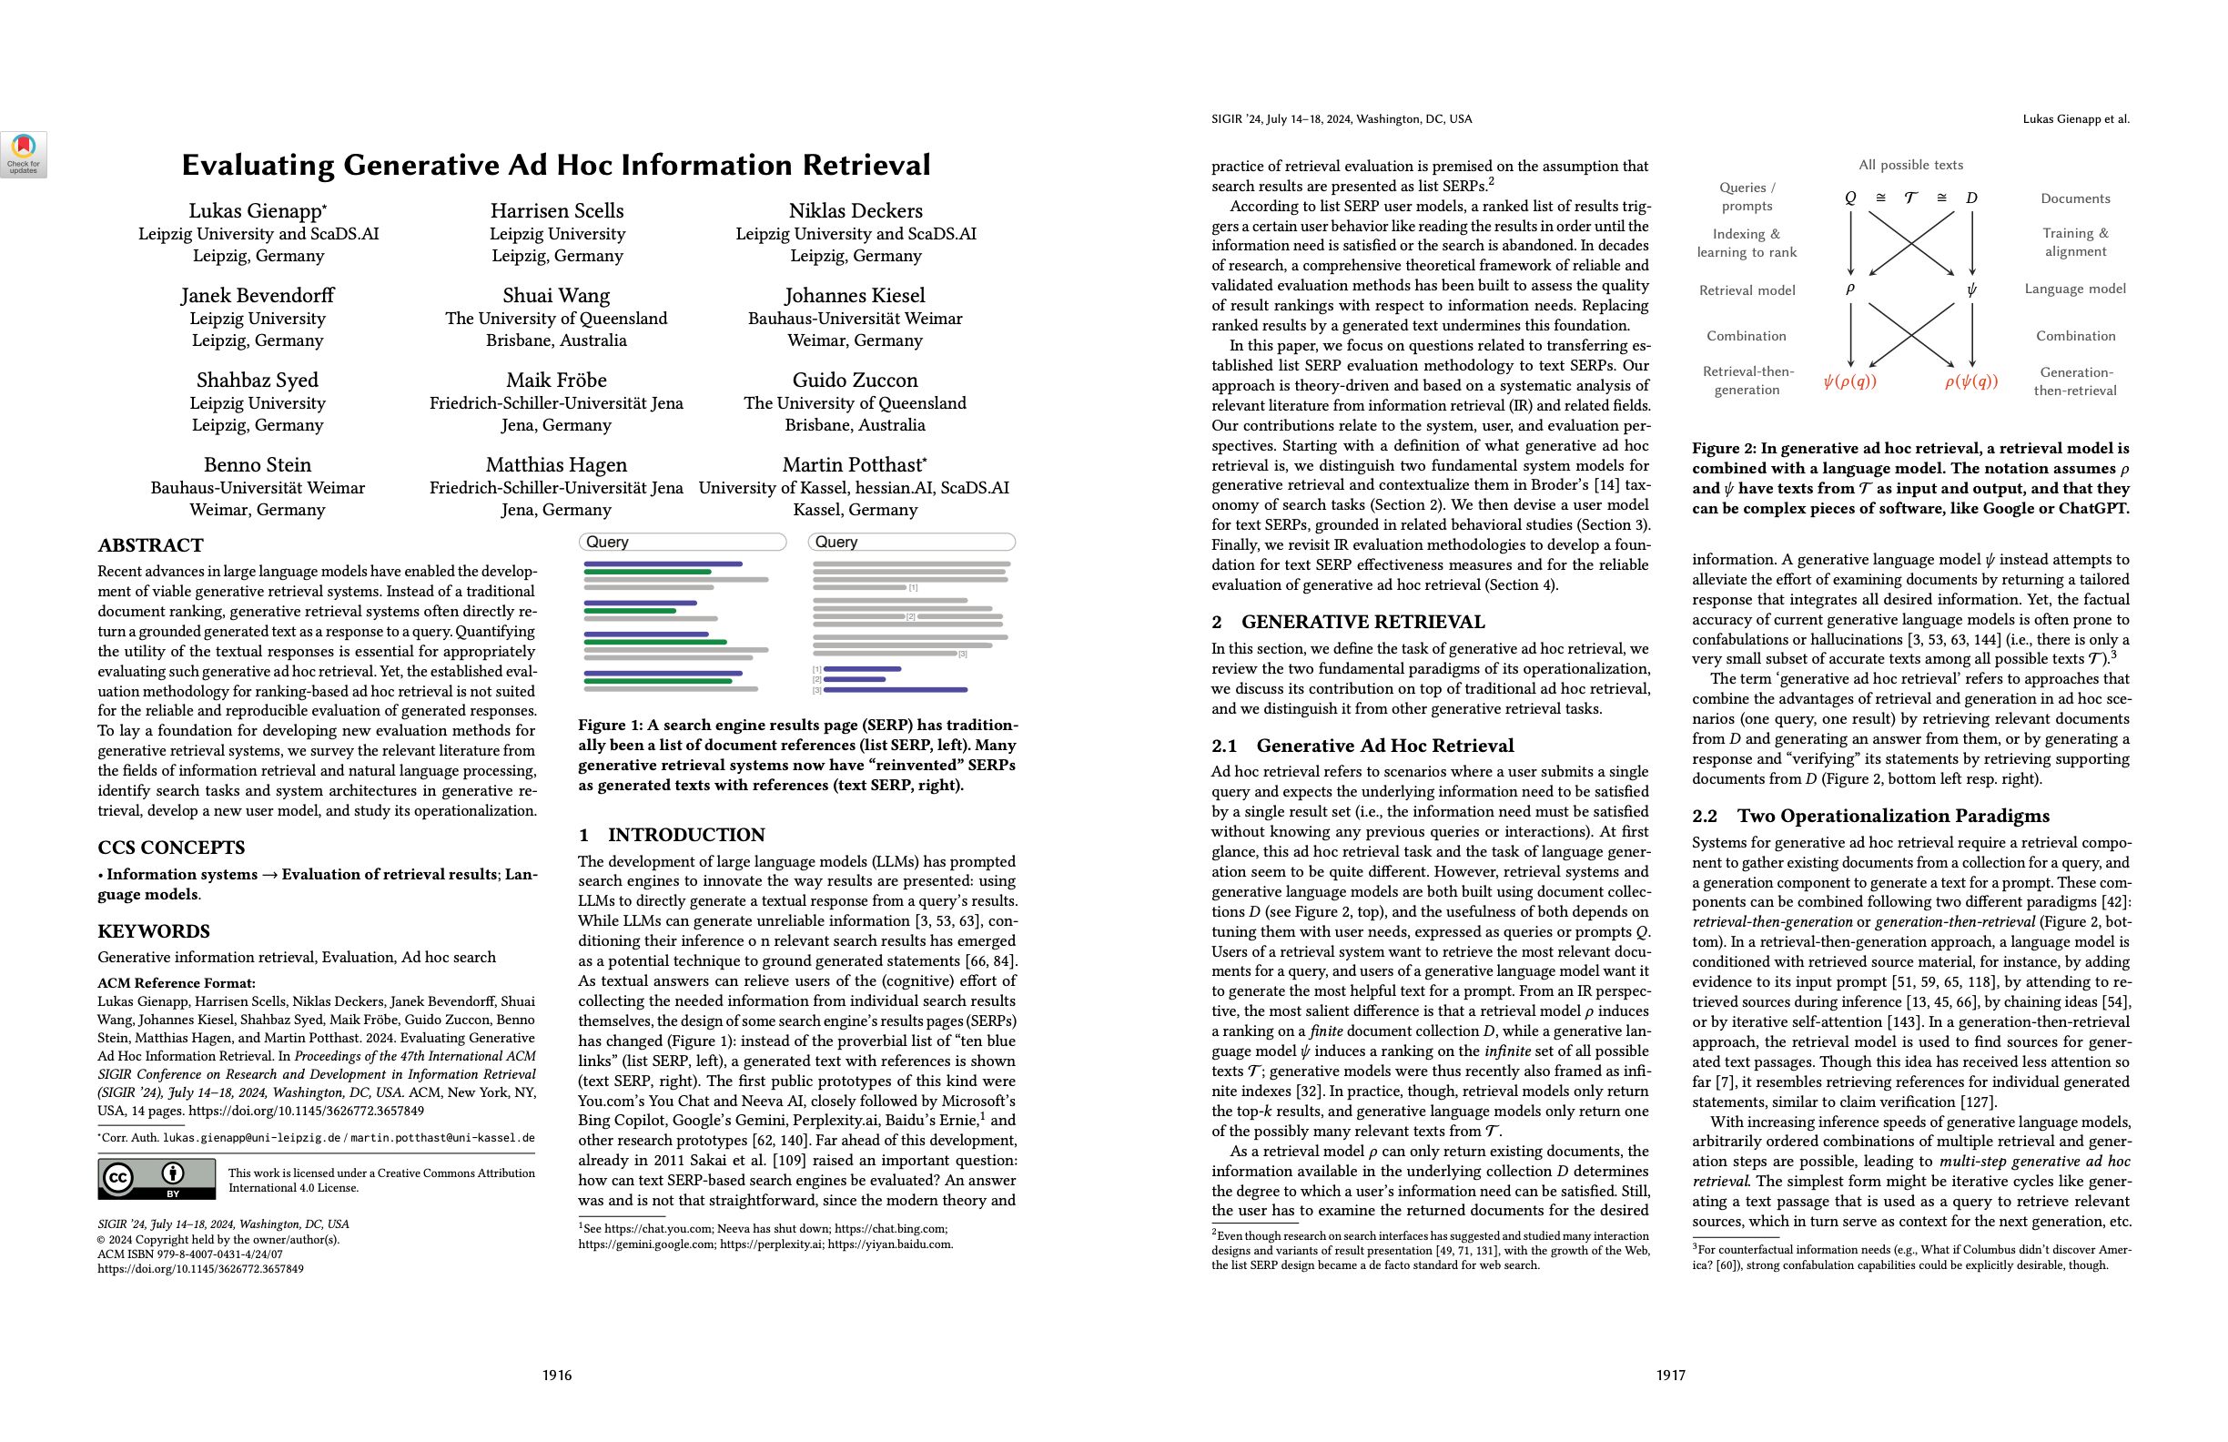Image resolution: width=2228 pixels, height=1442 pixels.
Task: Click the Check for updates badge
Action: (x=24, y=155)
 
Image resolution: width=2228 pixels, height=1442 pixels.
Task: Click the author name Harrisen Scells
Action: (x=556, y=210)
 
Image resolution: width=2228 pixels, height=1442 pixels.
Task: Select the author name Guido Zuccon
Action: (x=855, y=381)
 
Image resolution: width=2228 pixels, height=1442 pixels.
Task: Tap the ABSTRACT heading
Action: (x=151, y=545)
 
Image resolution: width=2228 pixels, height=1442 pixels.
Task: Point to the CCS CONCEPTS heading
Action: (x=171, y=848)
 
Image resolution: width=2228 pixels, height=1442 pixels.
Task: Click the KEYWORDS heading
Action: (x=154, y=930)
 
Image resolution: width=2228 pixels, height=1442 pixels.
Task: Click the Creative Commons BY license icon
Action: (x=157, y=1179)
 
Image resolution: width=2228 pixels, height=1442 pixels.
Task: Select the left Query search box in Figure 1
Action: (x=683, y=543)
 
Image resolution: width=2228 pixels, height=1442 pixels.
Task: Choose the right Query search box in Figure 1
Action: (x=911, y=543)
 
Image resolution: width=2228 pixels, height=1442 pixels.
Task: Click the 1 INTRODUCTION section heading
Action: (x=671, y=835)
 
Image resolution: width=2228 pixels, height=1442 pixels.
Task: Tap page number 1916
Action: (x=557, y=1375)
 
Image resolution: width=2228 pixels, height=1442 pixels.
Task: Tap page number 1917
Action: (x=1671, y=1375)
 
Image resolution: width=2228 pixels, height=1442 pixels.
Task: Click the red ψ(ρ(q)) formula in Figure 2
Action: (x=1849, y=381)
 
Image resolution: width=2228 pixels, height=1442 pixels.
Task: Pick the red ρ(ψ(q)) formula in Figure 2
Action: (x=1970, y=381)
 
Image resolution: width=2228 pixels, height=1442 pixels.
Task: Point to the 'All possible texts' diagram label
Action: (x=1910, y=165)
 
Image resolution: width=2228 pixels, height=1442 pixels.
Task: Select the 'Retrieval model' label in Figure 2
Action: (x=1747, y=290)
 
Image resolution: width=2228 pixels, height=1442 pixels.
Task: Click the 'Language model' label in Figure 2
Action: (x=2074, y=289)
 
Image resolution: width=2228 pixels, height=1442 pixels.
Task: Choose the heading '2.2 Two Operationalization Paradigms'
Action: (x=1870, y=816)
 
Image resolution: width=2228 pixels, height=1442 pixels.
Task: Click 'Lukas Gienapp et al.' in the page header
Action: (x=2075, y=119)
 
